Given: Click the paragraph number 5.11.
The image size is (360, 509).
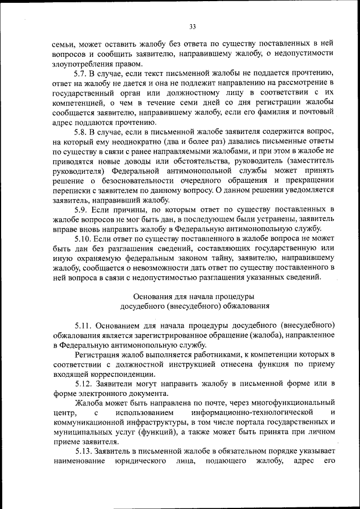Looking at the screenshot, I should coord(84,325).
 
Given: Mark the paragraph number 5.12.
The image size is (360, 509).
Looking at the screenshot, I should coord(84,384).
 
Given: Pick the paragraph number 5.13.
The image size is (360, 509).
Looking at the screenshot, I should coord(84,452).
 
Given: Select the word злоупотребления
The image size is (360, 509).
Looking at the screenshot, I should coord(84,63).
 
